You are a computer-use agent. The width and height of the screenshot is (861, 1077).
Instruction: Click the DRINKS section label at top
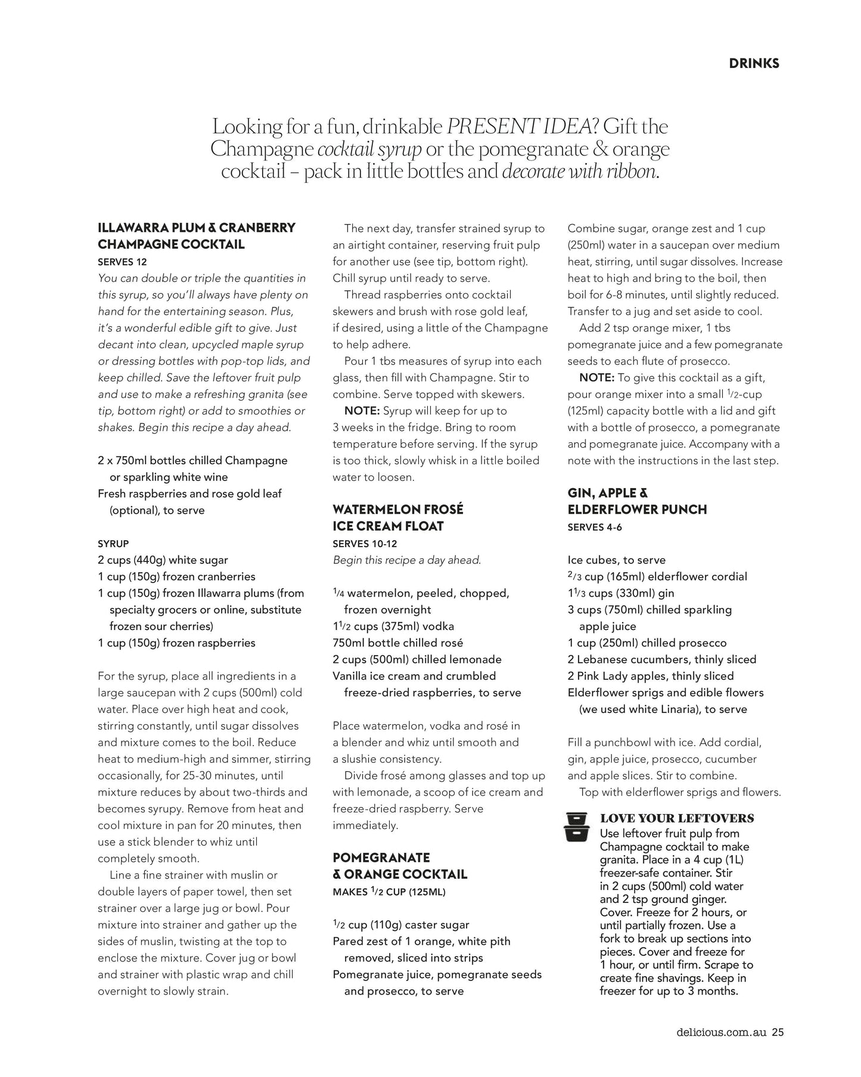[x=754, y=63]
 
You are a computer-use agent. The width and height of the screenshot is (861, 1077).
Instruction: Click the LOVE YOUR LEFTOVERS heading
[x=677, y=818]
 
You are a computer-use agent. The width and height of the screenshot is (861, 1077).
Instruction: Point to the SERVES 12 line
[x=122, y=262]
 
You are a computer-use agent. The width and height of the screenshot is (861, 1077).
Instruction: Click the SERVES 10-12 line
[x=365, y=544]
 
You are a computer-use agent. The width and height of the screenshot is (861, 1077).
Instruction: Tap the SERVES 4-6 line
[x=595, y=527]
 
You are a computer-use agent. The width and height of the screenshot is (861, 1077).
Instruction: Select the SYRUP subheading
[x=113, y=544]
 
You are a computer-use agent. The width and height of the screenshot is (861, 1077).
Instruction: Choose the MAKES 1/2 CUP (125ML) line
[x=389, y=892]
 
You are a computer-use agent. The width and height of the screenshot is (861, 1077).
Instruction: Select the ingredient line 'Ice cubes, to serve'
[x=617, y=560]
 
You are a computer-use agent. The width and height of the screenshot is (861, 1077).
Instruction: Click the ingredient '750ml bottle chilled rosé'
[x=398, y=643]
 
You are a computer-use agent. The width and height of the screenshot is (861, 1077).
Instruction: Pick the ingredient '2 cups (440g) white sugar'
[x=163, y=560]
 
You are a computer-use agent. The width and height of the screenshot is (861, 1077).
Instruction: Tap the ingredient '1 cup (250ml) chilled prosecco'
[x=647, y=643]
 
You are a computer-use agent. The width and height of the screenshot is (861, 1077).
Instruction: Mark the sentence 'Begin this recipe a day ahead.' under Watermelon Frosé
[x=407, y=560]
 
